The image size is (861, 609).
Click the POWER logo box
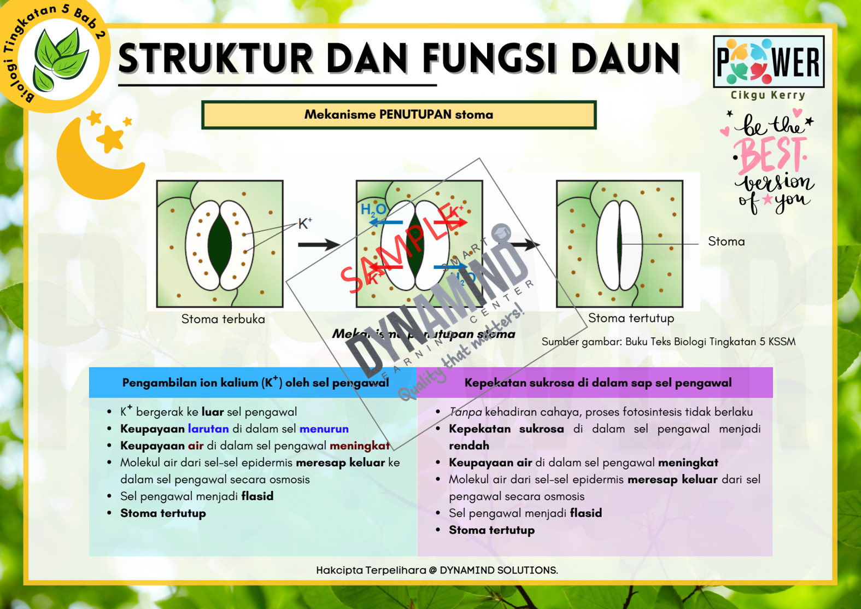[x=768, y=62]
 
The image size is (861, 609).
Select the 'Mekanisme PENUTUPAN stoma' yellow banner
[x=399, y=115]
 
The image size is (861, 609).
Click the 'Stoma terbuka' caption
[x=223, y=319]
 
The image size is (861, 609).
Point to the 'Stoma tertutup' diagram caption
[x=631, y=318]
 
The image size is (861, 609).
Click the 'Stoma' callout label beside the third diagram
[x=726, y=242]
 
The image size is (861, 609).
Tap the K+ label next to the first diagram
[x=305, y=224]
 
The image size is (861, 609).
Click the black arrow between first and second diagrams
[x=319, y=244]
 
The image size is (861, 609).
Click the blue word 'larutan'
[x=208, y=429]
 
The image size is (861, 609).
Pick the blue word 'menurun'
[x=324, y=429]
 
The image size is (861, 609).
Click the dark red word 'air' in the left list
[x=196, y=446]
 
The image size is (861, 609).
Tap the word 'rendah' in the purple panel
[x=469, y=446]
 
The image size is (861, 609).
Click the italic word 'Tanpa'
[x=465, y=412]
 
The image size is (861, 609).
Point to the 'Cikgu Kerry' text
[x=768, y=95]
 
